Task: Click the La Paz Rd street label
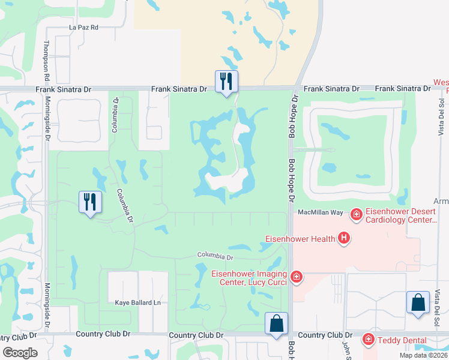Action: pos(83,28)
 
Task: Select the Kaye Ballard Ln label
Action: pos(138,303)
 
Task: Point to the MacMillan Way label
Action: pos(320,213)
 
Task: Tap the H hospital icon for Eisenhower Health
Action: pos(344,239)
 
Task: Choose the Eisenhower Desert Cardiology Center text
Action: pos(400,215)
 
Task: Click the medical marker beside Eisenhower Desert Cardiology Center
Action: pos(356,214)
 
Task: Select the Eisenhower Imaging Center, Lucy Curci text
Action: pos(250,278)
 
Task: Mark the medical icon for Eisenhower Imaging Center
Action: pos(296,277)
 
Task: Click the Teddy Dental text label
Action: pos(399,340)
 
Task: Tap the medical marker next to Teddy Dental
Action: pos(369,340)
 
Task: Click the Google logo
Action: pos(20,353)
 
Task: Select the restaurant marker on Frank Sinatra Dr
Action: pos(226,82)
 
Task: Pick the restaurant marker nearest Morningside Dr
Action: pos(90,202)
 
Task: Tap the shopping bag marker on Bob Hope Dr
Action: pos(276,324)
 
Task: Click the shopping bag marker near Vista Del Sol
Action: pos(418,303)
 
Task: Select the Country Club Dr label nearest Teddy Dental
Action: pos(324,335)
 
